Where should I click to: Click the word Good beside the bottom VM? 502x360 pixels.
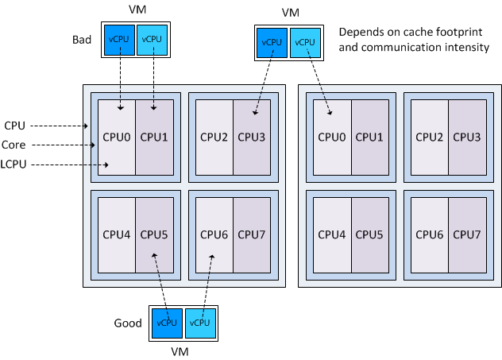click(x=129, y=323)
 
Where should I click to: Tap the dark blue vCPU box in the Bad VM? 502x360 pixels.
click(x=119, y=40)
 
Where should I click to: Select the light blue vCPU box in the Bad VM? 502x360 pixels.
click(x=152, y=40)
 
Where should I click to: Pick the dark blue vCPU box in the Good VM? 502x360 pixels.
click(x=167, y=323)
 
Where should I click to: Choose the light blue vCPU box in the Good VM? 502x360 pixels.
click(x=199, y=323)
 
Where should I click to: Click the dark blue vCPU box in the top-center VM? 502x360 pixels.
click(x=272, y=42)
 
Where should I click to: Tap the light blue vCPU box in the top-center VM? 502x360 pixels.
click(x=304, y=42)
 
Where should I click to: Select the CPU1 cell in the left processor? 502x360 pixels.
click(x=154, y=137)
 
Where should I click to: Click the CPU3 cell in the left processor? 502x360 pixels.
click(x=252, y=137)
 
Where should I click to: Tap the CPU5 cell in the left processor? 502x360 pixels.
click(x=154, y=234)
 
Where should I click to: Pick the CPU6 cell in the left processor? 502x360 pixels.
click(x=214, y=234)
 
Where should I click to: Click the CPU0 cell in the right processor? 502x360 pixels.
click(x=333, y=137)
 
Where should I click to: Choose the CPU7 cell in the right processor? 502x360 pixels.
click(x=467, y=234)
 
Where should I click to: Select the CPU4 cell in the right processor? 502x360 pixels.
click(x=333, y=234)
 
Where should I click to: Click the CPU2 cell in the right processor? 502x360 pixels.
click(x=430, y=137)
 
